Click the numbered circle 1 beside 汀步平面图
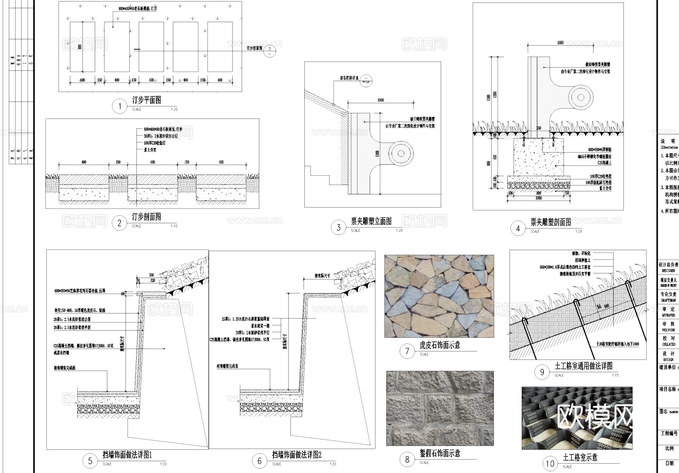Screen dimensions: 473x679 120,106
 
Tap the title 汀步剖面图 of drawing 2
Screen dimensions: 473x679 146,217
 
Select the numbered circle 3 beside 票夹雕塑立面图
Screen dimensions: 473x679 338,227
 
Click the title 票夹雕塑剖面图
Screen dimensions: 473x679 550,222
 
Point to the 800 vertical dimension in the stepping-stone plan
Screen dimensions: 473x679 80,47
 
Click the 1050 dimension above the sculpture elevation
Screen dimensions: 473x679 380,100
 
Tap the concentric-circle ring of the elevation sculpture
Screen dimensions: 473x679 401,153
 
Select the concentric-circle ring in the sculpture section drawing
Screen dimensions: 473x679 581,97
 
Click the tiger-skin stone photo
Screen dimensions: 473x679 439,296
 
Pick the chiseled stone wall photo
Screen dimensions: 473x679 440,408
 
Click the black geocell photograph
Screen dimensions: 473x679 577,418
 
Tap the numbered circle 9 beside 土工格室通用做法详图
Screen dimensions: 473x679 542,372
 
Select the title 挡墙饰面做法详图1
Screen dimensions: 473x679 127,455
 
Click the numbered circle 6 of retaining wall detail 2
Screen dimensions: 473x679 259,461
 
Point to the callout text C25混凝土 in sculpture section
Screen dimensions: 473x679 604,163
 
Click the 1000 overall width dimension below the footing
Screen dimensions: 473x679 538,198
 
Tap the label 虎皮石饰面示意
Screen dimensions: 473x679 439,345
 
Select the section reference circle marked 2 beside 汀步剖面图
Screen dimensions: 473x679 269,51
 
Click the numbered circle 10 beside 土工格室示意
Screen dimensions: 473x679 550,464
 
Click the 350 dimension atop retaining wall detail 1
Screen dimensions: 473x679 151,275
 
